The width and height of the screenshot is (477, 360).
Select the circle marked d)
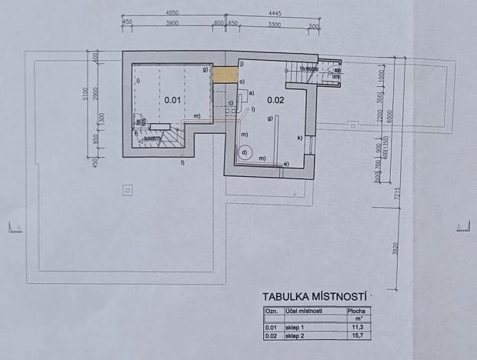[x=245, y=152]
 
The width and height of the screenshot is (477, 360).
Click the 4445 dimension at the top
[x=275, y=14]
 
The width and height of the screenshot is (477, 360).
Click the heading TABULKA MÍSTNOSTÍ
[x=315, y=295]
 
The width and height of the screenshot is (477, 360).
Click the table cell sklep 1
[x=295, y=327]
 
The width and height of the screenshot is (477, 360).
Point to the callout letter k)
[x=299, y=138]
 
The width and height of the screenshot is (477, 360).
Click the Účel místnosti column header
[x=303, y=311]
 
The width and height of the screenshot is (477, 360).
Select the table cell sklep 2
[x=295, y=335]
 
